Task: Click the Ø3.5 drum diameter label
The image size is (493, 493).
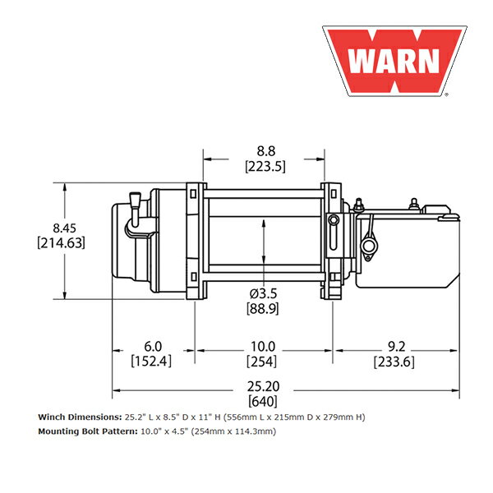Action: point(264,293)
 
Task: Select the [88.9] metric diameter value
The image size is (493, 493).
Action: point(264,308)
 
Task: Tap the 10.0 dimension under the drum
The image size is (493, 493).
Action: point(263,346)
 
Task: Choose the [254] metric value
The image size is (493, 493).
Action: point(263,362)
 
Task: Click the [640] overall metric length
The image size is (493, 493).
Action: point(264,402)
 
